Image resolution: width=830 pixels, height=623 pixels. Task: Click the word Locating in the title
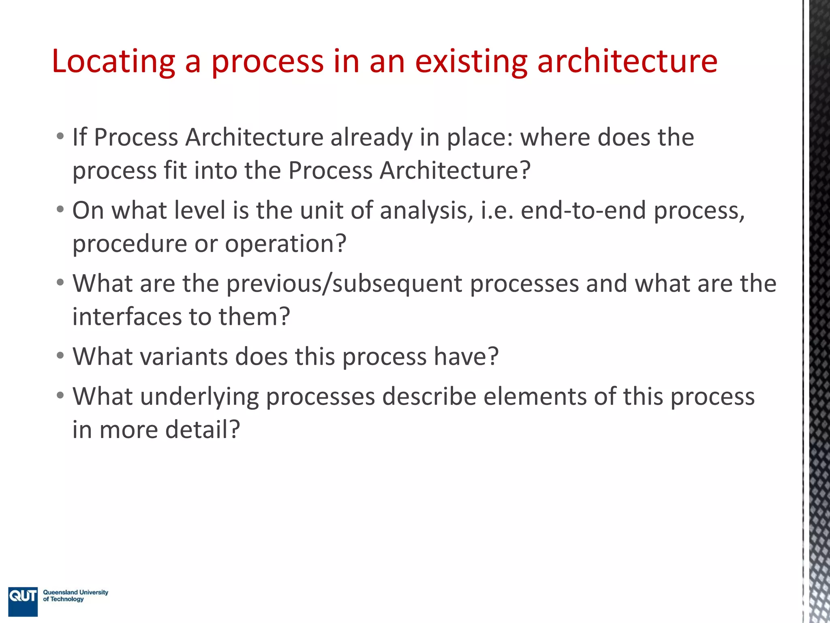point(113,62)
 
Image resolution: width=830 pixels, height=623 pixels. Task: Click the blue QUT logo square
point(23,601)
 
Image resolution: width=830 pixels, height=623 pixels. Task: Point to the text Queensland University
point(76,592)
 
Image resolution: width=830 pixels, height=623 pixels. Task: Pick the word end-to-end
point(583,211)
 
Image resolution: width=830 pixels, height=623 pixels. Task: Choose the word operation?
point(286,244)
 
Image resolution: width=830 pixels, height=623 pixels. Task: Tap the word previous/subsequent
point(344,284)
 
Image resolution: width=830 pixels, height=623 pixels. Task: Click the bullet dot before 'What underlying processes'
point(60,395)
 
